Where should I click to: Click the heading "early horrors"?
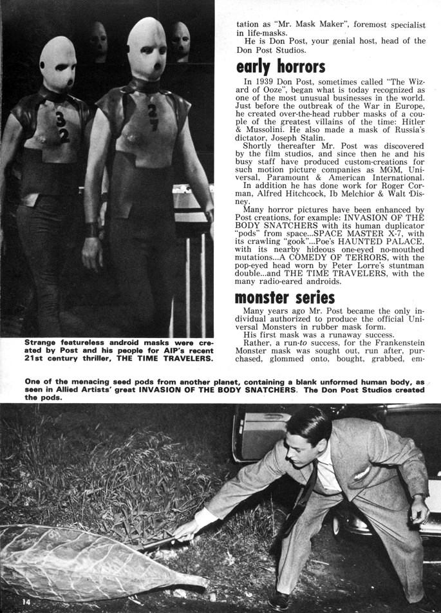[x=280, y=67]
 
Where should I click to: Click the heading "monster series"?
[x=285, y=297]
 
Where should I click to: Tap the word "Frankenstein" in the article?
[x=396, y=343]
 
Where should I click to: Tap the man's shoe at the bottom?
[x=279, y=599]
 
